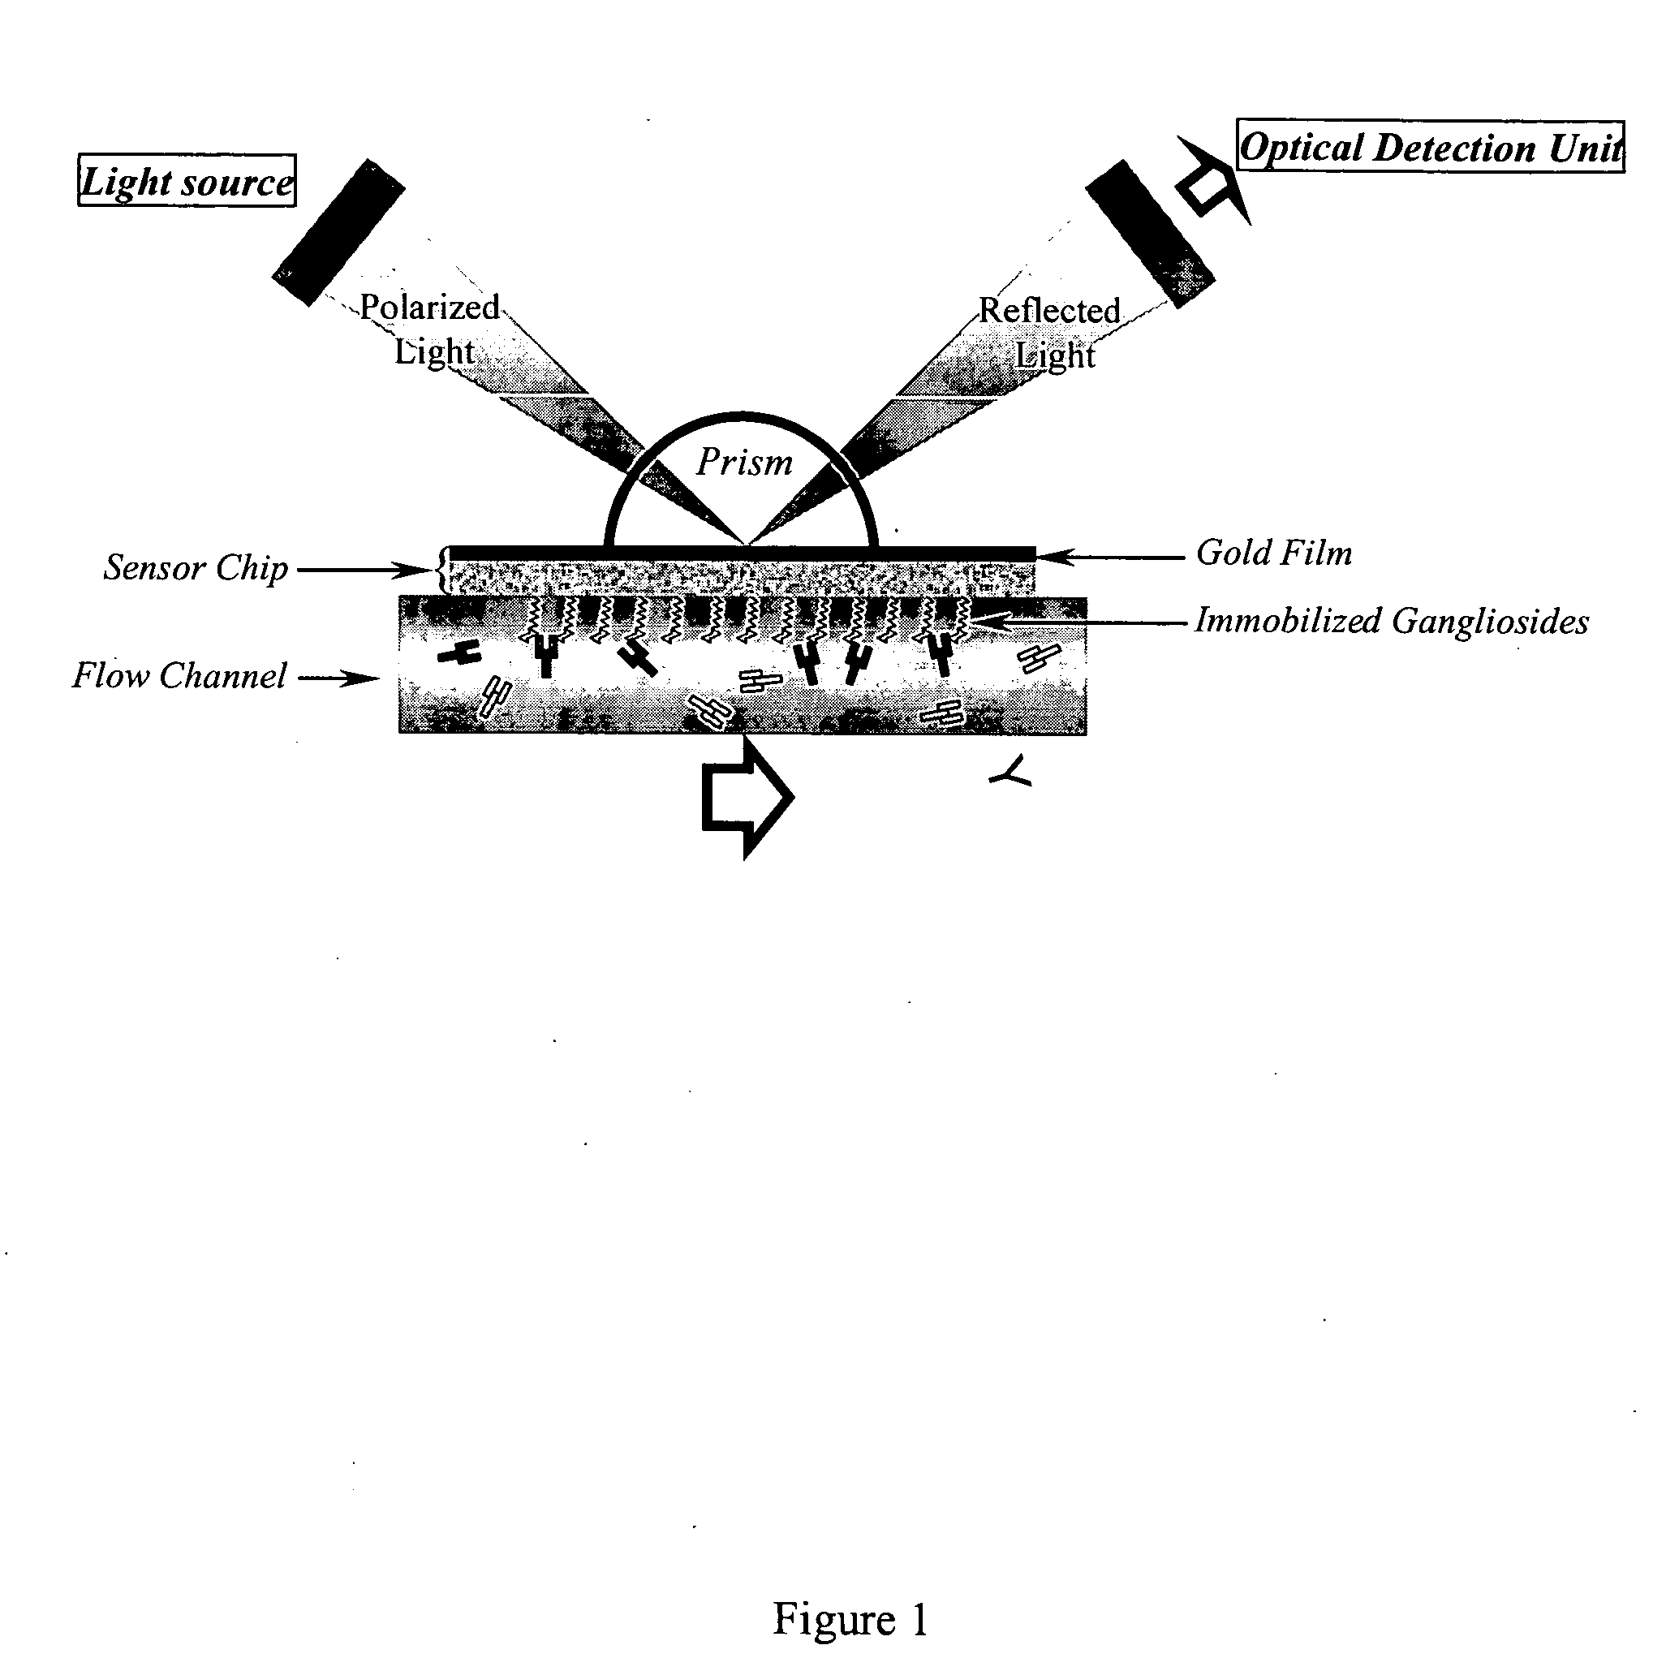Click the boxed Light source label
tap(187, 181)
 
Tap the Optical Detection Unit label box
tap(1430, 147)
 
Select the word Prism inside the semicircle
tap(744, 462)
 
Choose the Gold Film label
tap(1273, 553)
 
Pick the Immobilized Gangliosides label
tap(1391, 621)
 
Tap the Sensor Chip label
tap(196, 567)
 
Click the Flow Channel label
tap(179, 675)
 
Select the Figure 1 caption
tap(850, 1618)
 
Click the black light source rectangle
tap(338, 232)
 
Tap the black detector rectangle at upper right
tap(1150, 233)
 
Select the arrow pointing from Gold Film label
tap(1112, 556)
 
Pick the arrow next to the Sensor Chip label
tap(364, 570)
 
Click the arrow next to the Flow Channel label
tap(339, 678)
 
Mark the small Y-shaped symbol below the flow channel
tap(1011, 773)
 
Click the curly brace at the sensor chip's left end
tap(444, 570)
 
